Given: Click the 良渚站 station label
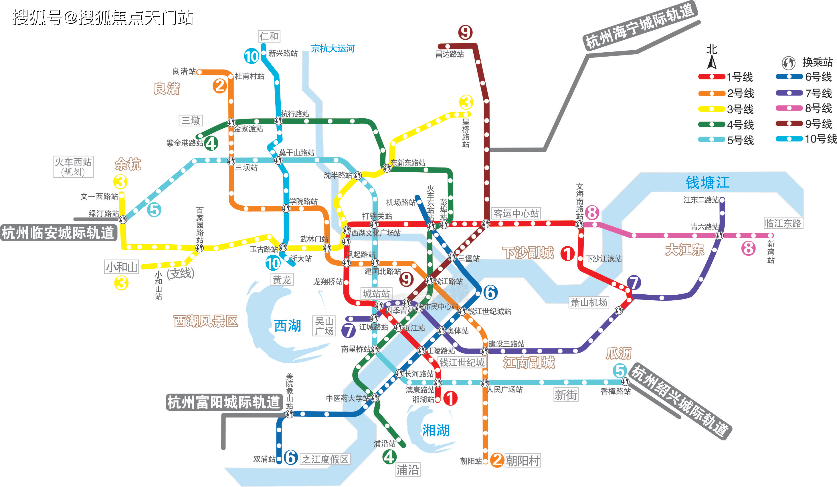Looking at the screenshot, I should (x=184, y=71).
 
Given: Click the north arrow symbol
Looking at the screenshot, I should (x=711, y=62).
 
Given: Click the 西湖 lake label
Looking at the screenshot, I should (x=287, y=326).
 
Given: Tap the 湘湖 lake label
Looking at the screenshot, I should (x=436, y=430).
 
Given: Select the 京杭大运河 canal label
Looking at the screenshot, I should (x=333, y=49).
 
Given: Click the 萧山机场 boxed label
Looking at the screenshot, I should (x=589, y=302).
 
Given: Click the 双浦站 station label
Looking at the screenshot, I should (x=264, y=459).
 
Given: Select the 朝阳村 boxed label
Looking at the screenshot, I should (x=523, y=460).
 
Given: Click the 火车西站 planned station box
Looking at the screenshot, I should (x=73, y=167).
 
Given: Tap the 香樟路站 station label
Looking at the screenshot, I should (x=616, y=392).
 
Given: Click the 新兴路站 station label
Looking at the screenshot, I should (x=283, y=53).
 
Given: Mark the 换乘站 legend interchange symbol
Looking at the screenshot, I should (x=788, y=63).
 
